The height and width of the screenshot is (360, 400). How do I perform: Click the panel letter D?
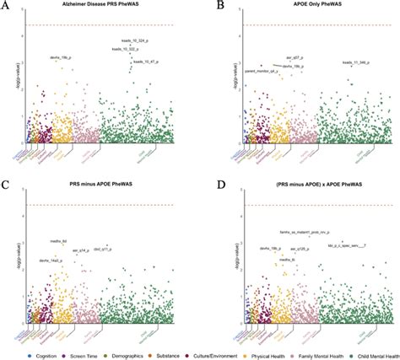point(205,184)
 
